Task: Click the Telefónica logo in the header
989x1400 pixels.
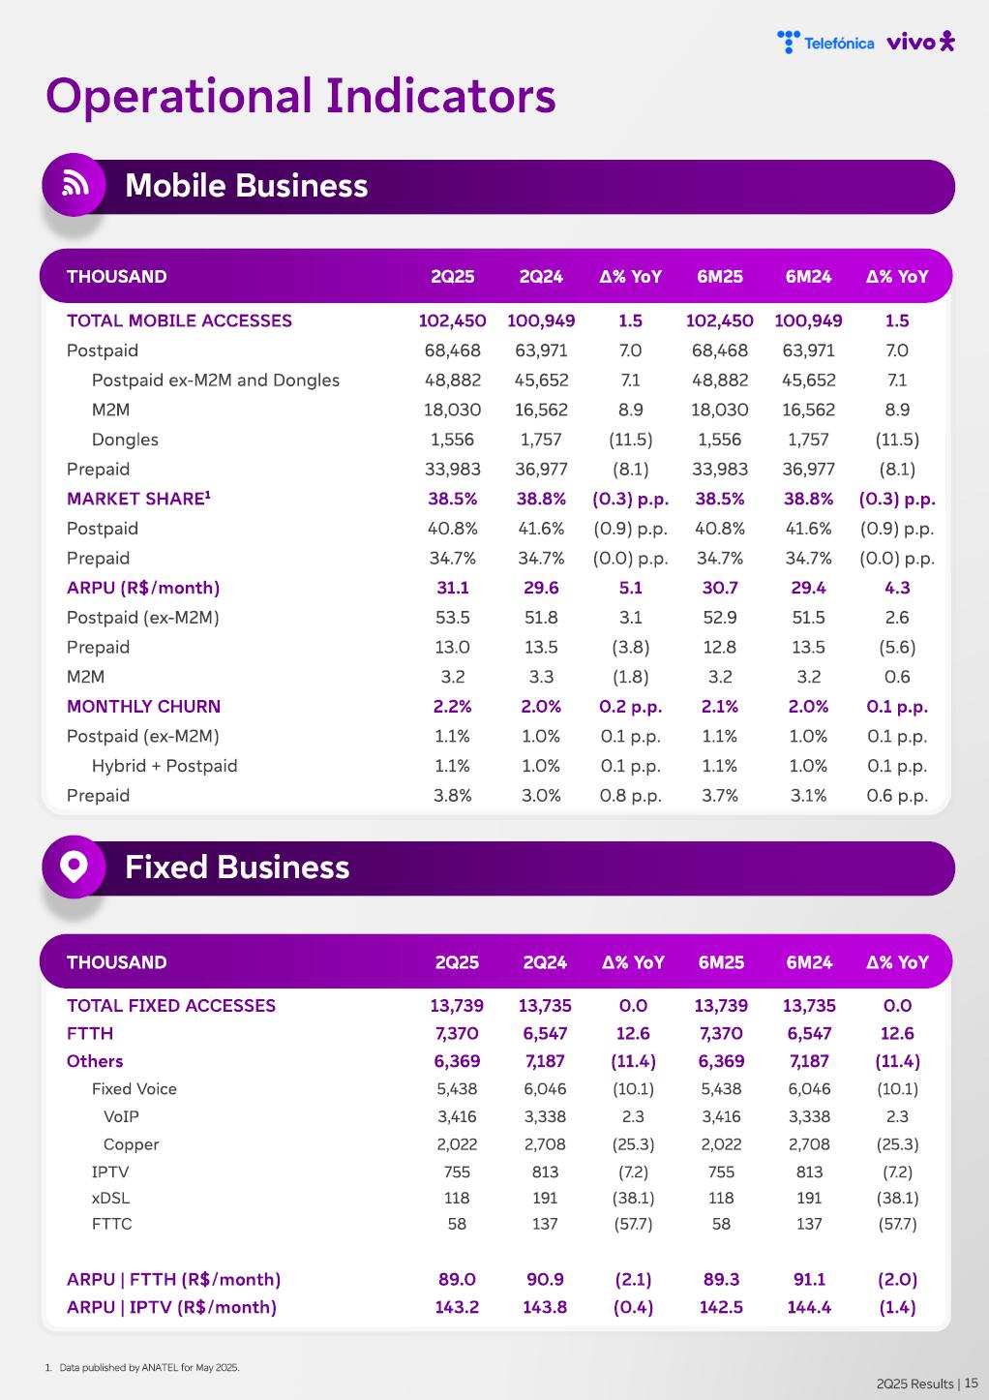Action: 825,43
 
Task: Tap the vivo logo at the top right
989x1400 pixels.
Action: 920,42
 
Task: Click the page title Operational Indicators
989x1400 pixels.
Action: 301,97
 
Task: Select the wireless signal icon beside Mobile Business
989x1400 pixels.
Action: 75,184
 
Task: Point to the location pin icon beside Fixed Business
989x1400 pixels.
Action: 75,866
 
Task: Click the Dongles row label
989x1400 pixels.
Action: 125,440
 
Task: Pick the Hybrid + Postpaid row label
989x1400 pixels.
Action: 165,766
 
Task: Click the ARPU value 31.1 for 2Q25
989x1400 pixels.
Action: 453,588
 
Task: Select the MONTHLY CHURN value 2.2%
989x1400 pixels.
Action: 453,707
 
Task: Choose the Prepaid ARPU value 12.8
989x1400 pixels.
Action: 720,647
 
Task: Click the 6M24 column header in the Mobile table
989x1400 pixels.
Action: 808,277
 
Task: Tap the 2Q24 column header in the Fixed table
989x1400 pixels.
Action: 545,962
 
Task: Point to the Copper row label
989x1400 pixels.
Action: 131,1144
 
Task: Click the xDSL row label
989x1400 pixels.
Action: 110,1198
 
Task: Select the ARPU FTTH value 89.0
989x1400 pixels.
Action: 457,1279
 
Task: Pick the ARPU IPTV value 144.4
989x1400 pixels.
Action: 809,1307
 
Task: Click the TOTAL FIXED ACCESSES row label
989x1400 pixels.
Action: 171,1006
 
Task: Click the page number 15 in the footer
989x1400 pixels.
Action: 971,1384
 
